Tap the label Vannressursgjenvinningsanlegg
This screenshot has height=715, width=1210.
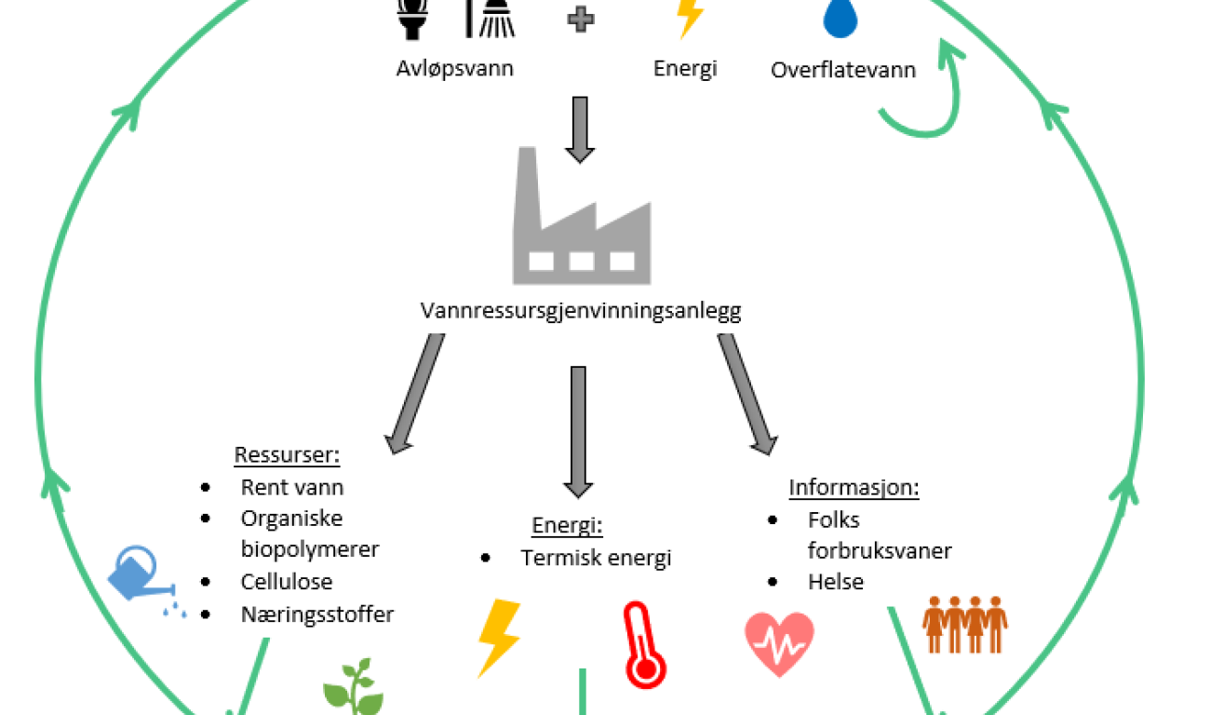(581, 311)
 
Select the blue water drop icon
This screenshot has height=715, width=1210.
(840, 19)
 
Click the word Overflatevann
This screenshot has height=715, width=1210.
(843, 70)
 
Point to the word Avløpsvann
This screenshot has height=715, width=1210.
(454, 68)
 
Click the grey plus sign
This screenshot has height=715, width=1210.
(581, 20)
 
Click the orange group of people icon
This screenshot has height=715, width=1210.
(964, 624)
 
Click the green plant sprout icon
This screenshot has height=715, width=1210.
(353, 689)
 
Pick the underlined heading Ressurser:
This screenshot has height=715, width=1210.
(287, 455)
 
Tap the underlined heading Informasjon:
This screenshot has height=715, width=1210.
(854, 488)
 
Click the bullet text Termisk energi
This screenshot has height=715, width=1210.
(596, 558)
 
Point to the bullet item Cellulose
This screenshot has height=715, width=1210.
(286, 582)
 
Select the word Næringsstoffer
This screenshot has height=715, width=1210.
(316, 614)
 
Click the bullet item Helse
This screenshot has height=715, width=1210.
(835, 582)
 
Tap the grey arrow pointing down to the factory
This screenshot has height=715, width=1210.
(580, 128)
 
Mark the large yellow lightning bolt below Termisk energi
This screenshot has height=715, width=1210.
(498, 637)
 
